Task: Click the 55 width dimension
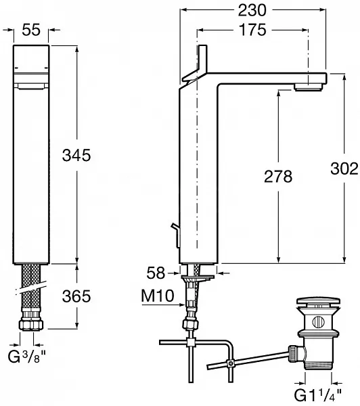(31, 30)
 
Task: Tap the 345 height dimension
(76, 156)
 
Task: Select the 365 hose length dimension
(76, 296)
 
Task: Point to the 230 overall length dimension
(252, 10)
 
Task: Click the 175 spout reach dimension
(252, 30)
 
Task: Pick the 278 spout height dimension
(278, 177)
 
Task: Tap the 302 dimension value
(344, 168)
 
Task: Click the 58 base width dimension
(156, 273)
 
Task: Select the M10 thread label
(158, 296)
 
